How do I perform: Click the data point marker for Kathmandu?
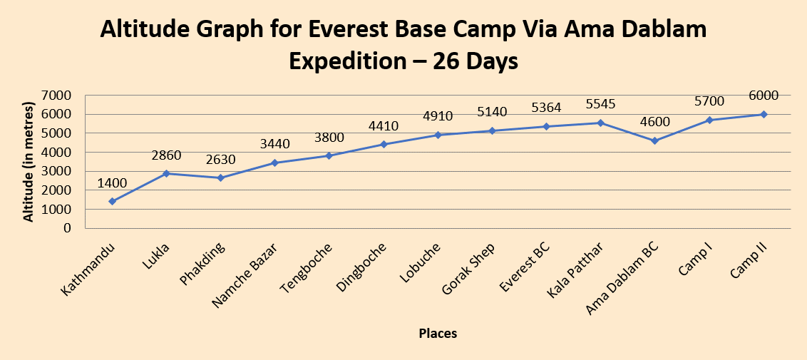112,202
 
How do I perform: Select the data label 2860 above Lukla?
166,156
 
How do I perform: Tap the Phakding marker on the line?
220,178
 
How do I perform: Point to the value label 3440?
275,145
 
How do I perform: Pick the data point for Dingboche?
384,144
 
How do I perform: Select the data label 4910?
438,116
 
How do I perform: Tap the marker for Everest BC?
546,126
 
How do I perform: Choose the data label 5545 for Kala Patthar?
600,104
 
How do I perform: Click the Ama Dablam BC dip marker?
654,140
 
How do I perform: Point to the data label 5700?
709,102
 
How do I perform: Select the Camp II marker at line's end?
764,114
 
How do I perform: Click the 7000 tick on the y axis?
57,95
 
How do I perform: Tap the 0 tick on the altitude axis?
67,228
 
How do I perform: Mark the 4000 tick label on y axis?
57,152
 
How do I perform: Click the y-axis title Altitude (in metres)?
29,163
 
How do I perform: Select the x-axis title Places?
438,333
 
